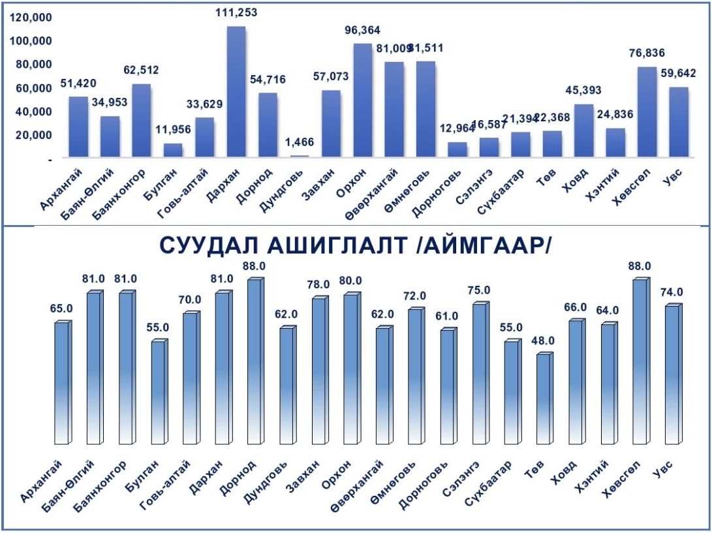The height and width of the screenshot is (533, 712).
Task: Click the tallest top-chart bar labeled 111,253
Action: point(236,91)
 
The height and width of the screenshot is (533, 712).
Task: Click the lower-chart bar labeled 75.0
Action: point(480,373)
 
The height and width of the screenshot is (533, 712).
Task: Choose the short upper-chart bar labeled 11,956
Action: point(173,150)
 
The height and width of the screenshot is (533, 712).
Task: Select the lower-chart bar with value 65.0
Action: point(61,382)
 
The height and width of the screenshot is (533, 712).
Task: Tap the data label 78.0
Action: point(319,284)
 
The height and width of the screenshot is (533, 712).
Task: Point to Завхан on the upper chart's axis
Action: point(320,190)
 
